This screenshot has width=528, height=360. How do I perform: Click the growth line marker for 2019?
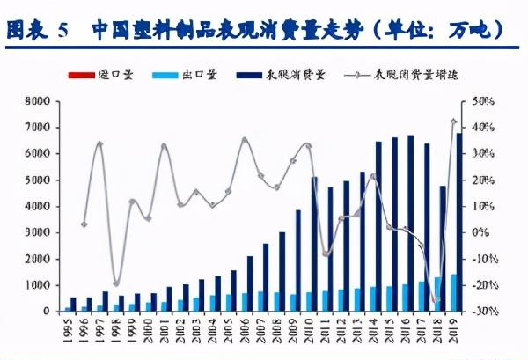453,121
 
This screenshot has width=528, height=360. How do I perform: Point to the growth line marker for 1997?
100,144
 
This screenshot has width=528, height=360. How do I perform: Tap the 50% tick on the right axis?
484,101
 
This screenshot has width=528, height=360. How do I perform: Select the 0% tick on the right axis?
480,232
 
